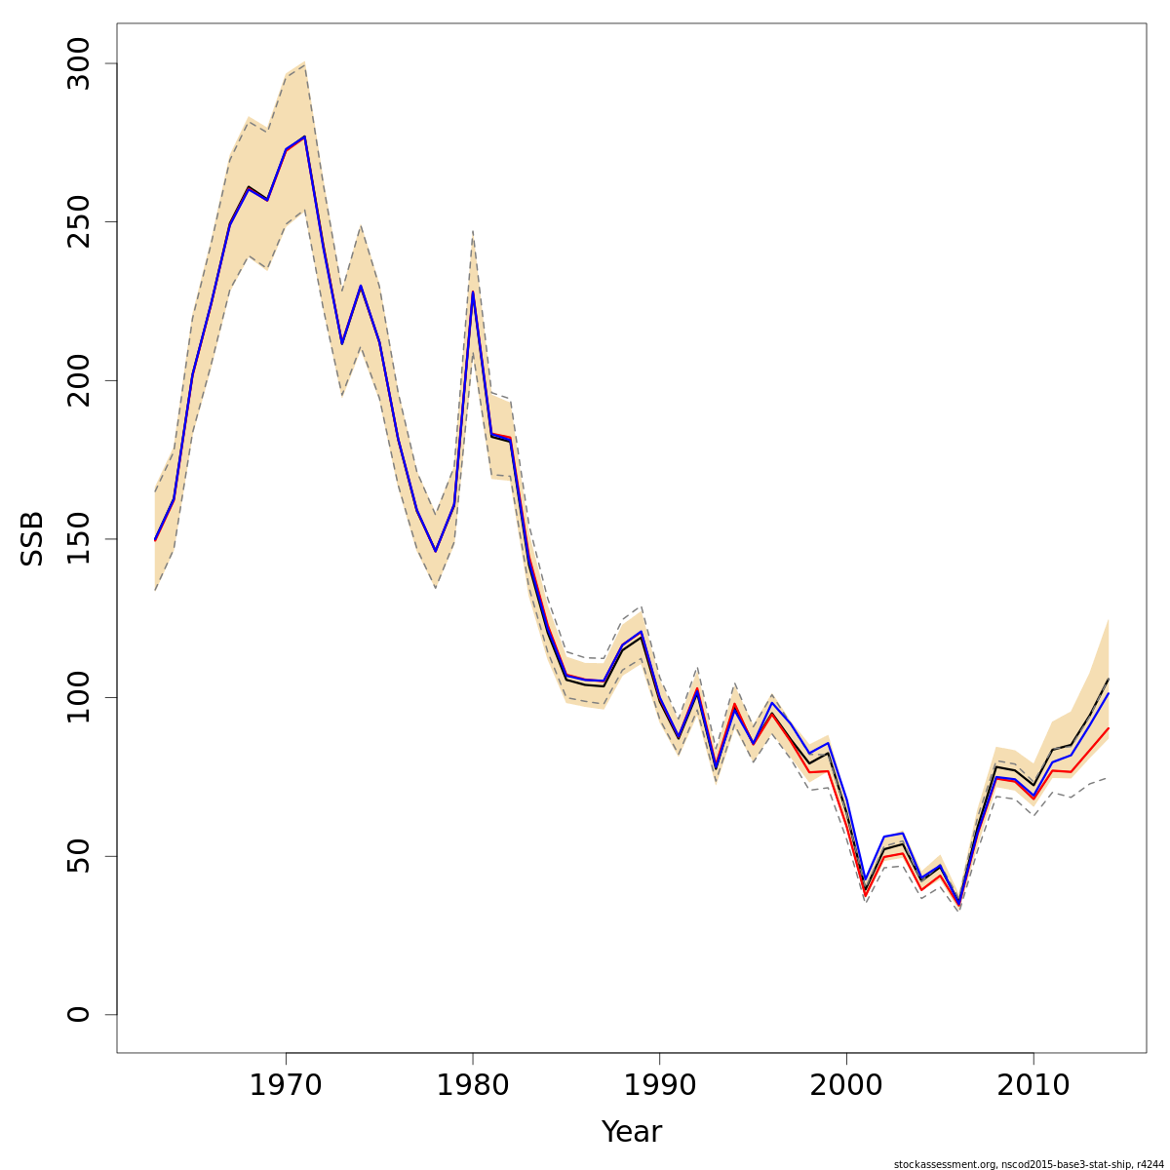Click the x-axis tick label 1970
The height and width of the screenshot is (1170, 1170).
pyautogui.click(x=286, y=1085)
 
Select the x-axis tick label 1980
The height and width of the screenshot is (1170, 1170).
pyautogui.click(x=473, y=1085)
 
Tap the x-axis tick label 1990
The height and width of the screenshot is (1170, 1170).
pyautogui.click(x=660, y=1085)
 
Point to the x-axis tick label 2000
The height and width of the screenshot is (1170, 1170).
pyautogui.click(x=846, y=1085)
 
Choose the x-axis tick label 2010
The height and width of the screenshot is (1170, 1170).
pyautogui.click(x=1033, y=1085)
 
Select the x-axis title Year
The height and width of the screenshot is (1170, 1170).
pyautogui.click(x=631, y=1132)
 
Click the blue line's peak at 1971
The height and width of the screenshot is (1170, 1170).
pyautogui.click(x=304, y=136)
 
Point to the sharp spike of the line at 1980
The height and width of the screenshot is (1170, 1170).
pyautogui.click(x=473, y=292)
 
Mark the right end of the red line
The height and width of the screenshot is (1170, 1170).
pyautogui.click(x=1109, y=728)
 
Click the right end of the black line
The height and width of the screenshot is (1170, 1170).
pyautogui.click(x=1109, y=679)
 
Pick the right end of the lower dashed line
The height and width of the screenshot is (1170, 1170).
pyautogui.click(x=1109, y=777)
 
